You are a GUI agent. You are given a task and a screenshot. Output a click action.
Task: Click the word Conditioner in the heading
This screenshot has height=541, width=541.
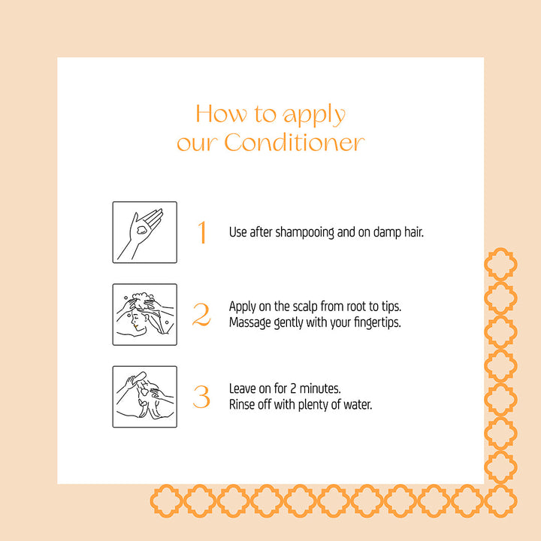pyautogui.click(x=295, y=142)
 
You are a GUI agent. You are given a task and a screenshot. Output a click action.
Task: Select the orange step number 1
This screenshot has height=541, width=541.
pyautogui.click(x=201, y=233)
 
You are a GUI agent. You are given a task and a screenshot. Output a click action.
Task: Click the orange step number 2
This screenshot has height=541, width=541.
pyautogui.click(x=201, y=315)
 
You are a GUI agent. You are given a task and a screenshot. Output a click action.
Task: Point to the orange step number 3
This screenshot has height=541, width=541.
pyautogui.click(x=201, y=397)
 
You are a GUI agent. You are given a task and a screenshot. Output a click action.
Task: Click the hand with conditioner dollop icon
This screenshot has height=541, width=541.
pyautogui.click(x=145, y=232)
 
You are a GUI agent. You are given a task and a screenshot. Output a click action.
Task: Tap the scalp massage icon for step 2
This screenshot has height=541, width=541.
pyautogui.click(x=145, y=314)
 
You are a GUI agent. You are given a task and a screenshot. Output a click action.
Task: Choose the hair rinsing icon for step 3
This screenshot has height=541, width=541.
pyautogui.click(x=145, y=397)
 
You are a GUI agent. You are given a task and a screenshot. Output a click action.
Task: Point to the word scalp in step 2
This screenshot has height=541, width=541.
pyautogui.click(x=295, y=307)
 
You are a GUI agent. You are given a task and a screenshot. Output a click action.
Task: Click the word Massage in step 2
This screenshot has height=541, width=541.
pyautogui.click(x=250, y=322)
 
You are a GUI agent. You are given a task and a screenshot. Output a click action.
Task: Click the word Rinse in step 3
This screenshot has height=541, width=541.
pyautogui.click(x=242, y=404)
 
